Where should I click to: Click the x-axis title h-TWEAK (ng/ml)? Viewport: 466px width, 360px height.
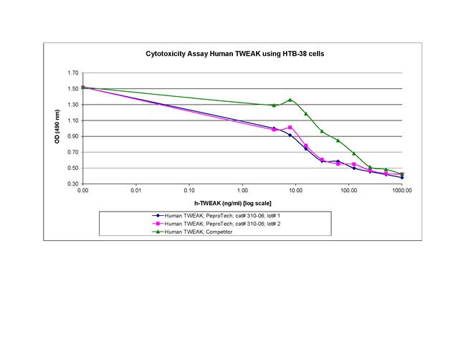click(242, 202)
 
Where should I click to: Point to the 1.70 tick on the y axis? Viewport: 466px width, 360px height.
click(72, 73)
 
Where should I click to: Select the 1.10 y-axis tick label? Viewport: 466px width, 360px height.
click(72, 120)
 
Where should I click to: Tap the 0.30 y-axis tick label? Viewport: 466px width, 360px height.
click(72, 184)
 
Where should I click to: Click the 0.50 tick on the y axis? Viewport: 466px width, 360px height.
click(72, 168)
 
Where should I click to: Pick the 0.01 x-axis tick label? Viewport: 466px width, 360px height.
click(136, 191)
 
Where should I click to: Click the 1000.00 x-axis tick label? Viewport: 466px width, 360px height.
click(401, 191)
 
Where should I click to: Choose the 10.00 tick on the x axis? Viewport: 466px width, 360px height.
click(295, 191)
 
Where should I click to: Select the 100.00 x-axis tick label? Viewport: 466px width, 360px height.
click(348, 191)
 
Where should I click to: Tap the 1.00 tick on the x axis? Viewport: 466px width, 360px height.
click(242, 191)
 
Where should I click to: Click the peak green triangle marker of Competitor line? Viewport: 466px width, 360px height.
click(290, 100)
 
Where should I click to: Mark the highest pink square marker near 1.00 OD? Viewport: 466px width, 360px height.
click(290, 128)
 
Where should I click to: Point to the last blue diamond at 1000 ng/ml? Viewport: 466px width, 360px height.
click(401, 177)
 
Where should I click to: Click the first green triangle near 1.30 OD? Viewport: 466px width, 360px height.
click(274, 105)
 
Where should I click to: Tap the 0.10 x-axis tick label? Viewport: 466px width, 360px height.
click(189, 191)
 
